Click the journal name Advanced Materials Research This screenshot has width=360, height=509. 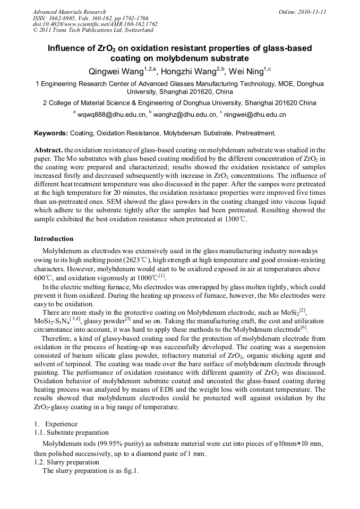(x=69, y=12)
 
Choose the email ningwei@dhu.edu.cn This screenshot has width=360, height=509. (x=255, y=115)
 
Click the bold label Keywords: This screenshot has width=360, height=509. (x=51, y=133)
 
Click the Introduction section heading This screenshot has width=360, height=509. (x=54, y=239)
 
